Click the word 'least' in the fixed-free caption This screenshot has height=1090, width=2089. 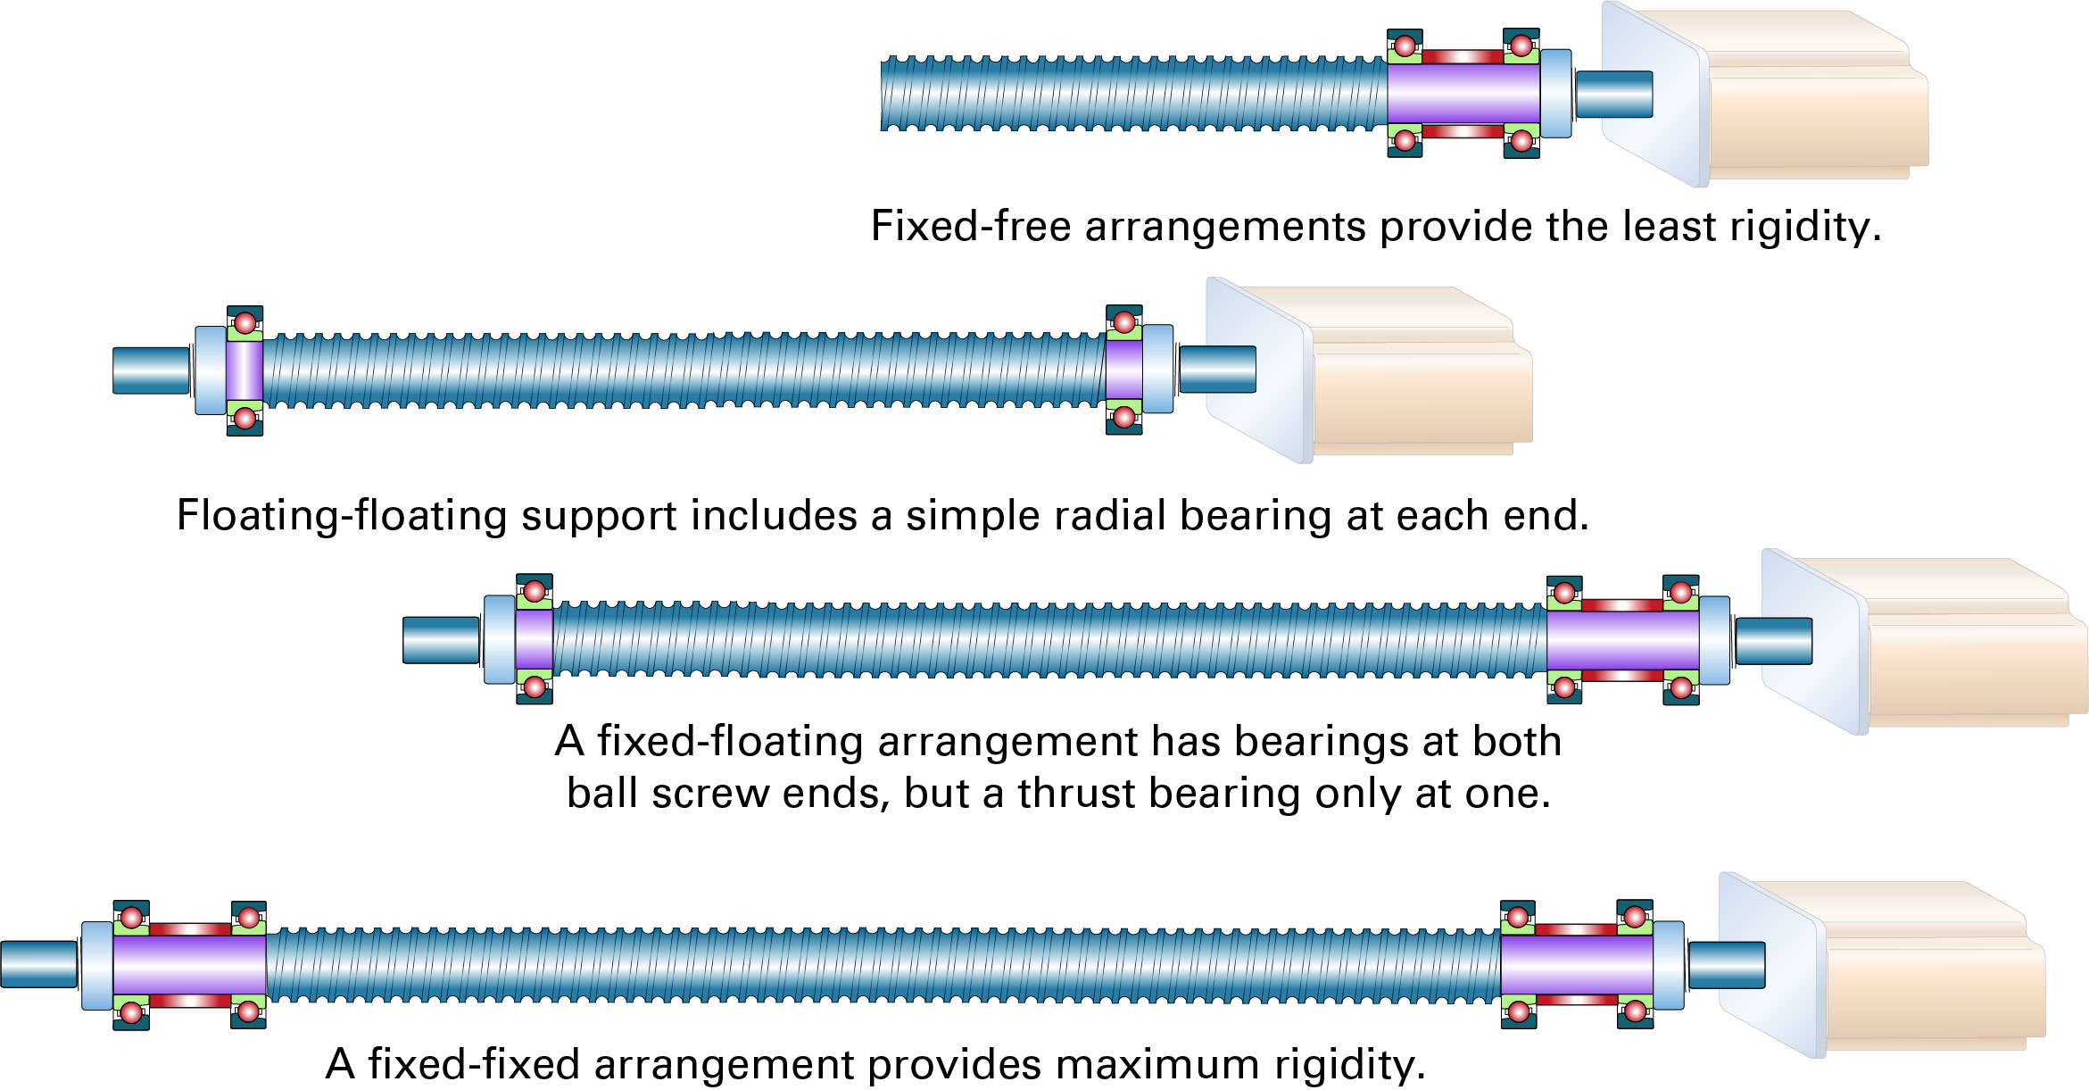click(x=1668, y=226)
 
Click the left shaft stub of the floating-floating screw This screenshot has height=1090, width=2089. click(x=151, y=370)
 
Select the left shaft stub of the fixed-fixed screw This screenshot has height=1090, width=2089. click(x=38, y=964)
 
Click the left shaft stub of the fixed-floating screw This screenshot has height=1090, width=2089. click(x=441, y=641)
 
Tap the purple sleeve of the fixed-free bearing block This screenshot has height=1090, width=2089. click(x=1463, y=94)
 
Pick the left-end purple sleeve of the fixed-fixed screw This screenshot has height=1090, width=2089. click(x=189, y=964)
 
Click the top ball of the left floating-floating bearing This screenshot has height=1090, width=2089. click(x=245, y=322)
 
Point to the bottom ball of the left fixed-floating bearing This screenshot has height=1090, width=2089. click(x=534, y=686)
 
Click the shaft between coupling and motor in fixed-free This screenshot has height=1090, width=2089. click(x=1613, y=95)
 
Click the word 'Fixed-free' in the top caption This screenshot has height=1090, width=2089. click(x=970, y=226)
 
